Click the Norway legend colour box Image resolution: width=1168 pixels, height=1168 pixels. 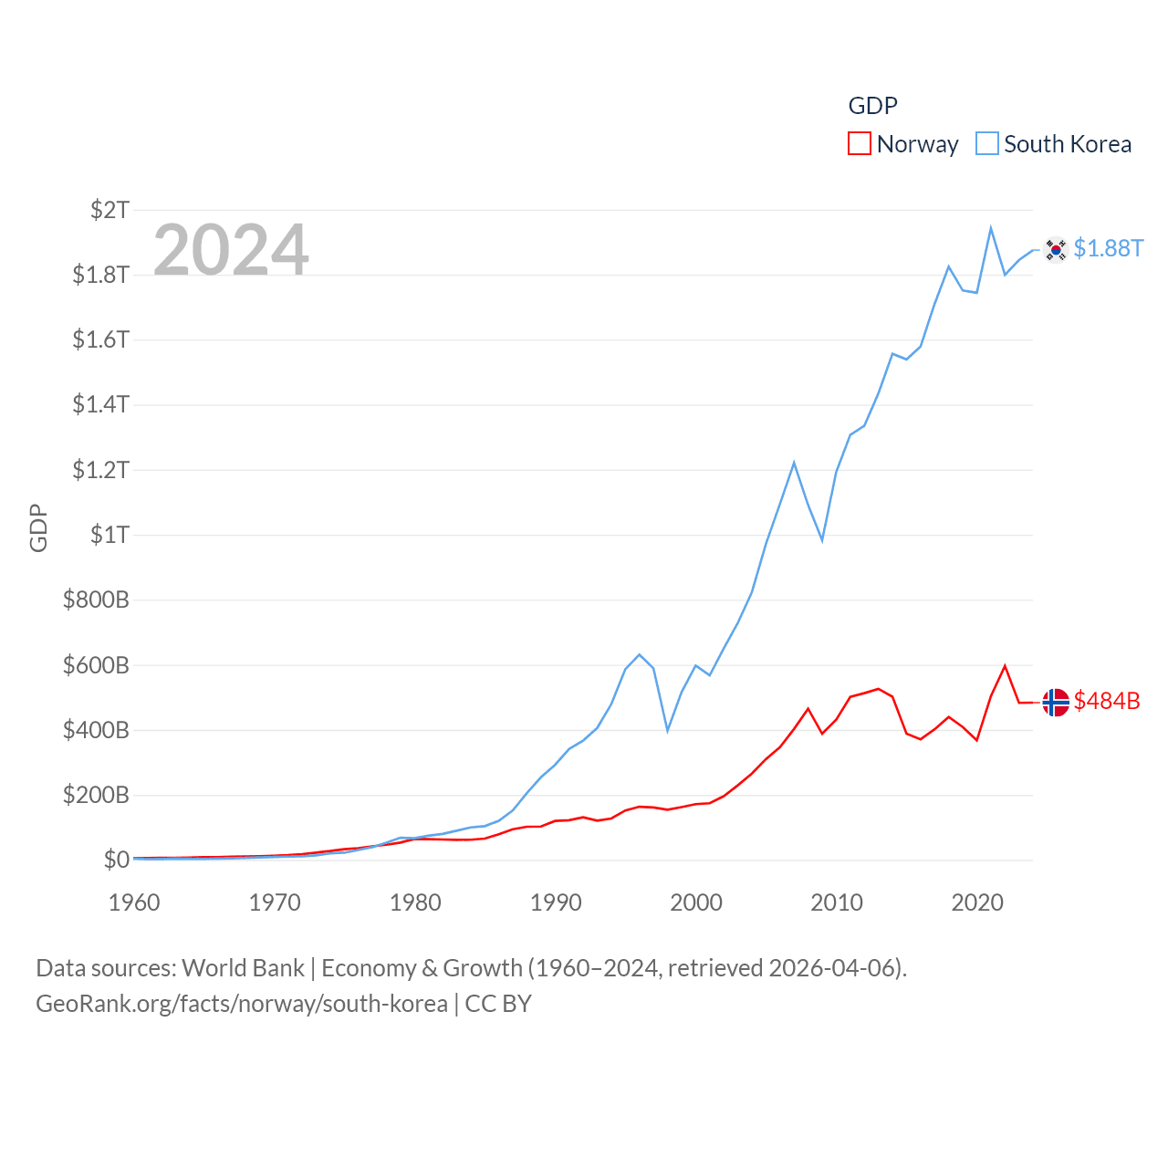pos(860,144)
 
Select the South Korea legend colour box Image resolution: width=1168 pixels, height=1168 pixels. pos(987,144)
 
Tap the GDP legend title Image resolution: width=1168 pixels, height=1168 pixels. pos(872,106)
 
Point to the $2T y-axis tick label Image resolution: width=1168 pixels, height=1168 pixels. pos(109,210)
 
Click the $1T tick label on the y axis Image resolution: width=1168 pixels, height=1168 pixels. pos(109,535)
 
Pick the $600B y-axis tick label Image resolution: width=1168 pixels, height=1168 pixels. pos(96,665)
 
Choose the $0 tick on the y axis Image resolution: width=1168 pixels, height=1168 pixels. pos(116,860)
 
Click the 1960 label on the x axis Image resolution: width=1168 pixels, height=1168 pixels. pos(134,902)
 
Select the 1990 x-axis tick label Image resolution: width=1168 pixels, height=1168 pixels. pos(556,902)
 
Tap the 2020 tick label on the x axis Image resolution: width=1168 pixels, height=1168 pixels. pos(977,902)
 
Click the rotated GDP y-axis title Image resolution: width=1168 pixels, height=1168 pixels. pos(38,527)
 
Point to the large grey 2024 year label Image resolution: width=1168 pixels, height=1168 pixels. pos(231,250)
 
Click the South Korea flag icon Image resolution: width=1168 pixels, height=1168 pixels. pos(1056,249)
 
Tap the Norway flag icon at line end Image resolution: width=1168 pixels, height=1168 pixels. pos(1056,702)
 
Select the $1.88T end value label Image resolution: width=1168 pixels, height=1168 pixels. pos(1108,248)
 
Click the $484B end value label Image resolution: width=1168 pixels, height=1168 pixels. pos(1107,701)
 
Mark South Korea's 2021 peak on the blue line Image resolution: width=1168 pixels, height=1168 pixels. pos(991,228)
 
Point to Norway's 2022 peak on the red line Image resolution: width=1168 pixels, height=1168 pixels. pos(1005,666)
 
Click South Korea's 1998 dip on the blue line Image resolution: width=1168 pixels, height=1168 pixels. pos(668,730)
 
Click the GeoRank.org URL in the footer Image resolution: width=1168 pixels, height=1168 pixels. pos(242,1004)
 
